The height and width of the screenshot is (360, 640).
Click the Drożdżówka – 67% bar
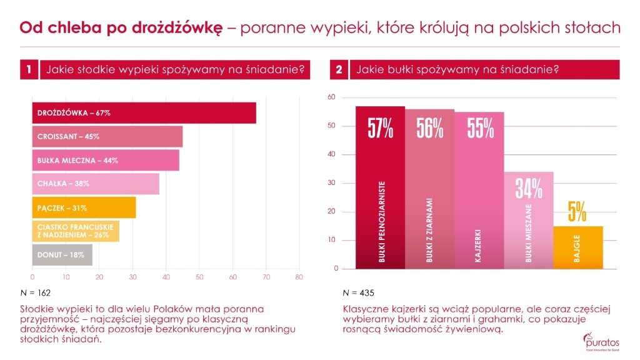pos(144,113)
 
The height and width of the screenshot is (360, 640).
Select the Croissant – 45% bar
pos(107,136)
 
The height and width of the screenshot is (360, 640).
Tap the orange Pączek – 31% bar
pos(84,207)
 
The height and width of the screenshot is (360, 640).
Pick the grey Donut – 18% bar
pos(62,254)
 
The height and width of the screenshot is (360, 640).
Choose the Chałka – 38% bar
pos(96,184)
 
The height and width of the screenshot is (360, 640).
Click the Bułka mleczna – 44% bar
pos(106,160)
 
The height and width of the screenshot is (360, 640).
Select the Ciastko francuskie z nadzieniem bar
pos(76,231)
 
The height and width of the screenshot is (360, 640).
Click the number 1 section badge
pos(29,70)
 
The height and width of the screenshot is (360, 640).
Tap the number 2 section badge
pos(339,70)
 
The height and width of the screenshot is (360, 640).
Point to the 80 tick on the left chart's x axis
pos(299,277)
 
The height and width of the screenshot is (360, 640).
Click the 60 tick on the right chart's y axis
pos(332,97)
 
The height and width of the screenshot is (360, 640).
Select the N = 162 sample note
pos(36,292)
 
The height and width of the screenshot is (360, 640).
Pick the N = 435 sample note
pos(358,292)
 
